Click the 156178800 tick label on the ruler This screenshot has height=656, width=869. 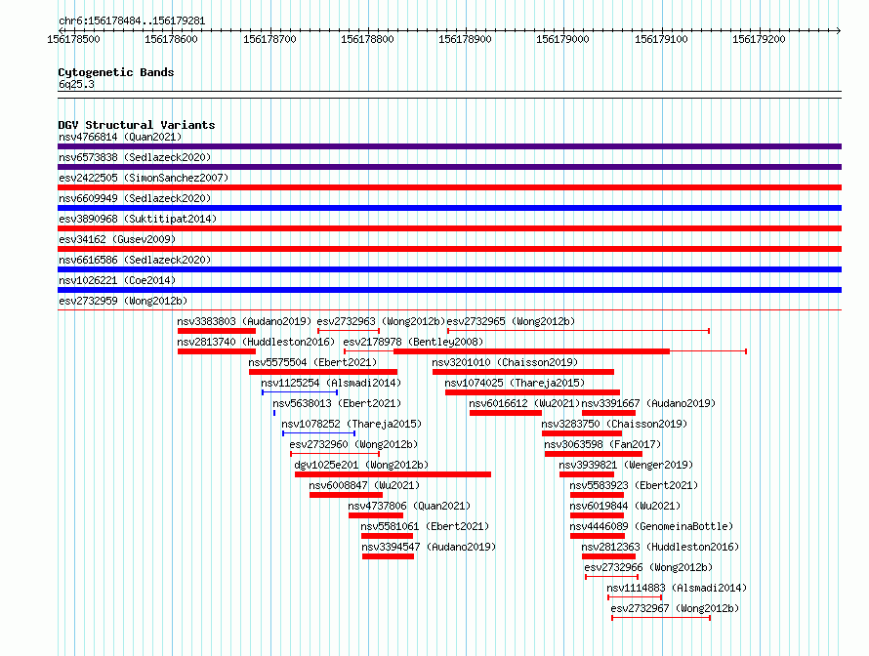pyautogui.click(x=367, y=39)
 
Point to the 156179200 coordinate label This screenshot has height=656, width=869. pyautogui.click(x=759, y=39)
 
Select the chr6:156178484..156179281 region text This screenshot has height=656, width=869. pyautogui.click(x=132, y=21)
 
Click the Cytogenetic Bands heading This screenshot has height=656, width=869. pyautogui.click(x=116, y=72)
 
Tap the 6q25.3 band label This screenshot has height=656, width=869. pyautogui.click(x=76, y=84)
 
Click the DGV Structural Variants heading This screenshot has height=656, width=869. pyautogui.click(x=137, y=125)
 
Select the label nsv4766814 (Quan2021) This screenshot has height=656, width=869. pyautogui.click(x=120, y=137)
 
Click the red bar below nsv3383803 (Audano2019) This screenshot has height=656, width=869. pyautogui.click(x=217, y=331)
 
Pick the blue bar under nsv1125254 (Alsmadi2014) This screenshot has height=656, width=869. pyautogui.click(x=300, y=392)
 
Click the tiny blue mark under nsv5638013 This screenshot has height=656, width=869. pyautogui.click(x=274, y=413)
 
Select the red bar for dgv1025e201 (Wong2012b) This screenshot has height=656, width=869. pyautogui.click(x=393, y=474)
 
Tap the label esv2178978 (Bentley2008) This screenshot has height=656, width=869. pyautogui.click(x=413, y=342)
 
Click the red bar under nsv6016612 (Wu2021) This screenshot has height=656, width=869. pyautogui.click(x=506, y=413)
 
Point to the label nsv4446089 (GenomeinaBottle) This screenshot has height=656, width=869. pyautogui.click(x=652, y=526)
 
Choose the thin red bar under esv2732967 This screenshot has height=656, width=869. pyautogui.click(x=661, y=618)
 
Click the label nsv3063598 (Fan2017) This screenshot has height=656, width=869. pyautogui.click(x=602, y=444)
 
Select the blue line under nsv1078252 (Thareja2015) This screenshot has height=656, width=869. pyautogui.click(x=318, y=433)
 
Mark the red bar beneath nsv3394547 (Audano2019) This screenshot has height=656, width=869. pyautogui.click(x=388, y=556)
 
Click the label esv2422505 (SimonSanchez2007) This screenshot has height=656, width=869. pyautogui.click(x=144, y=178)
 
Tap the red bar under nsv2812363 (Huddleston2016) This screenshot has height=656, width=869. pyautogui.click(x=608, y=556)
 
